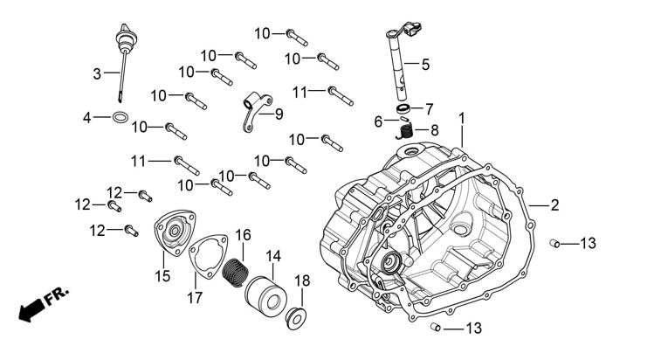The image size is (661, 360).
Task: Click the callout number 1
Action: pos(462,118)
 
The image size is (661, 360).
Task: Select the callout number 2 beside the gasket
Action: pos(554,205)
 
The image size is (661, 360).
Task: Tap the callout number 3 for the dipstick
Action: pos(98,73)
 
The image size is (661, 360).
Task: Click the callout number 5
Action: pos(425,64)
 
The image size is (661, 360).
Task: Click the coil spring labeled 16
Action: pos(233,273)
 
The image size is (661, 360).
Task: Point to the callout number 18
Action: pos(302,280)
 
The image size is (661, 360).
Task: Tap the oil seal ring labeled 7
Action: pos(403,107)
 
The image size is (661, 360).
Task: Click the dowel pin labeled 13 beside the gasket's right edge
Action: pos(554,242)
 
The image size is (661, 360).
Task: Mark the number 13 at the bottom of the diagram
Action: pos(472,329)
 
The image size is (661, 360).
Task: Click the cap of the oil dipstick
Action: pos(121,41)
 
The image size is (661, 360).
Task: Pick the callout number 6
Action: pos(379,121)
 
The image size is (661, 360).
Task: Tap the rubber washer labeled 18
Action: pos(296,315)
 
